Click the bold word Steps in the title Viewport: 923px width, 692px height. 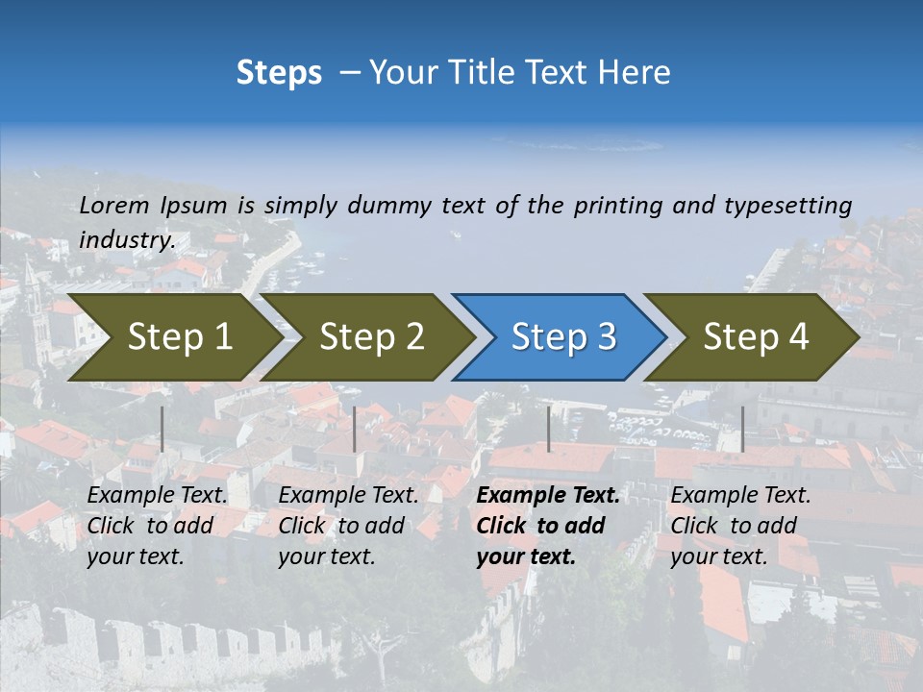pyautogui.click(x=279, y=73)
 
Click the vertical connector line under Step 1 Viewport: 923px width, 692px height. pyautogui.click(x=162, y=429)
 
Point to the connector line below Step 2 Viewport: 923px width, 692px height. pyautogui.click(x=355, y=429)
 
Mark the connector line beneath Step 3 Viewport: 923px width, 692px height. pyautogui.click(x=549, y=429)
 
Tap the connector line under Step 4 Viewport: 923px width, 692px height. pyautogui.click(x=742, y=429)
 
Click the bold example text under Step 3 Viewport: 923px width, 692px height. pyautogui.click(x=548, y=526)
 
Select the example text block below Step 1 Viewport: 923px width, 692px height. pyautogui.click(x=157, y=526)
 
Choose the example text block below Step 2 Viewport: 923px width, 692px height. pyautogui.click(x=348, y=526)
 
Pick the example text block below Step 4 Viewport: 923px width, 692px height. pyautogui.click(x=740, y=526)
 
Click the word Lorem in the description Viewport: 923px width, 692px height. pyautogui.click(x=114, y=205)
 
